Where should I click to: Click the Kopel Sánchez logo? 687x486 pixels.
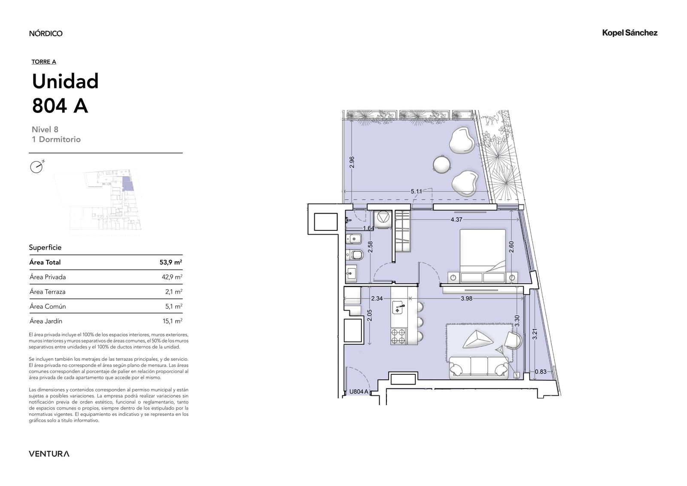click(629, 33)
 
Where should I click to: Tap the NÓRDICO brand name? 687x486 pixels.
click(46, 33)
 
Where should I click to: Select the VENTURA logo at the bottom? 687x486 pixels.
click(49, 453)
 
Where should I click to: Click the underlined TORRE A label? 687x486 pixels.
click(44, 62)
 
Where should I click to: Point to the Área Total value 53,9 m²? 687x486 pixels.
click(171, 262)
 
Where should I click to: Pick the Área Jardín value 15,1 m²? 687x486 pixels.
click(172, 321)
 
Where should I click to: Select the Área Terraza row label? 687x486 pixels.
click(48, 292)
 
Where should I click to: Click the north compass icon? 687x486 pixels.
click(37, 167)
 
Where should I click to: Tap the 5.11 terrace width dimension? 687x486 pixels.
click(416, 192)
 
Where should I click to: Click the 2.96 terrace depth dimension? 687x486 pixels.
click(352, 162)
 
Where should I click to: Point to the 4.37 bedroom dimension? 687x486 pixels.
click(456, 220)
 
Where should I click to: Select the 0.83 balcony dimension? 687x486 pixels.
click(541, 372)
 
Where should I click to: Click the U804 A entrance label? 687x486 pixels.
click(359, 391)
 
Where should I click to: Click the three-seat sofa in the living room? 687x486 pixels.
click(479, 367)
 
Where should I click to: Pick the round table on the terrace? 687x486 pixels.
click(442, 164)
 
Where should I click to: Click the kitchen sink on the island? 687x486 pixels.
click(399, 308)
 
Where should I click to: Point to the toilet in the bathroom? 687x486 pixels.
click(355, 254)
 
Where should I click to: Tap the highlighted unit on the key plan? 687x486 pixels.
click(128, 184)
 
